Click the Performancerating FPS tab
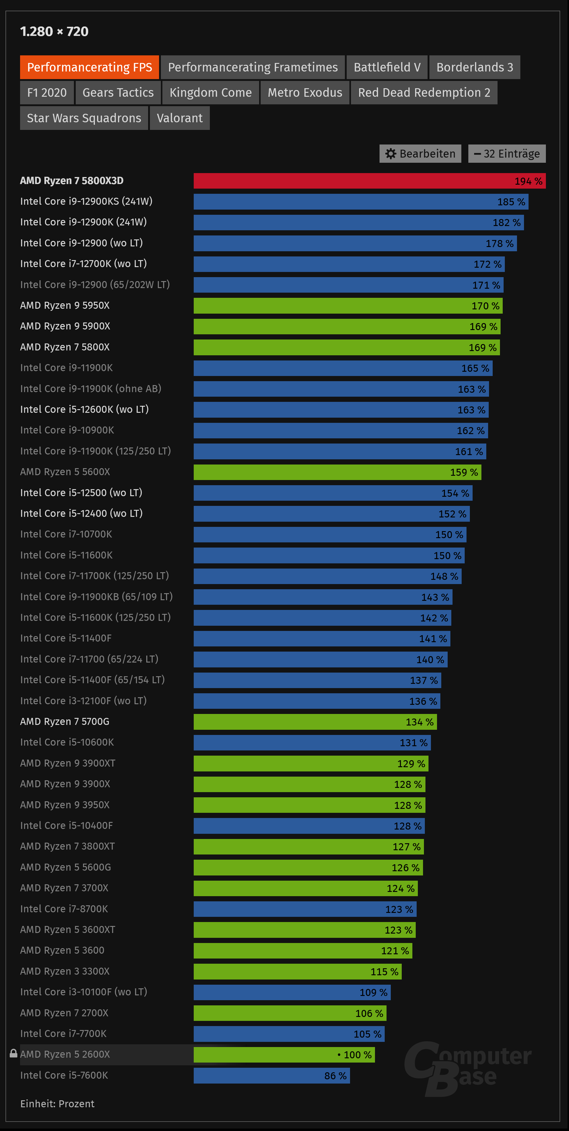click(x=90, y=67)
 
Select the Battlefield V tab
click(x=387, y=67)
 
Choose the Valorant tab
click(x=179, y=118)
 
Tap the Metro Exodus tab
click(x=305, y=93)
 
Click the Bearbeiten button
click(x=420, y=154)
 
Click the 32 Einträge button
click(x=507, y=154)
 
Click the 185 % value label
click(x=511, y=202)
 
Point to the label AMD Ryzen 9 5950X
click(x=65, y=306)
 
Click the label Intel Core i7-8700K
click(x=64, y=909)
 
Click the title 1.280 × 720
click(x=54, y=32)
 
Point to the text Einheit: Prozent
click(x=57, y=1104)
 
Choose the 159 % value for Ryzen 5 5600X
click(x=464, y=472)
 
